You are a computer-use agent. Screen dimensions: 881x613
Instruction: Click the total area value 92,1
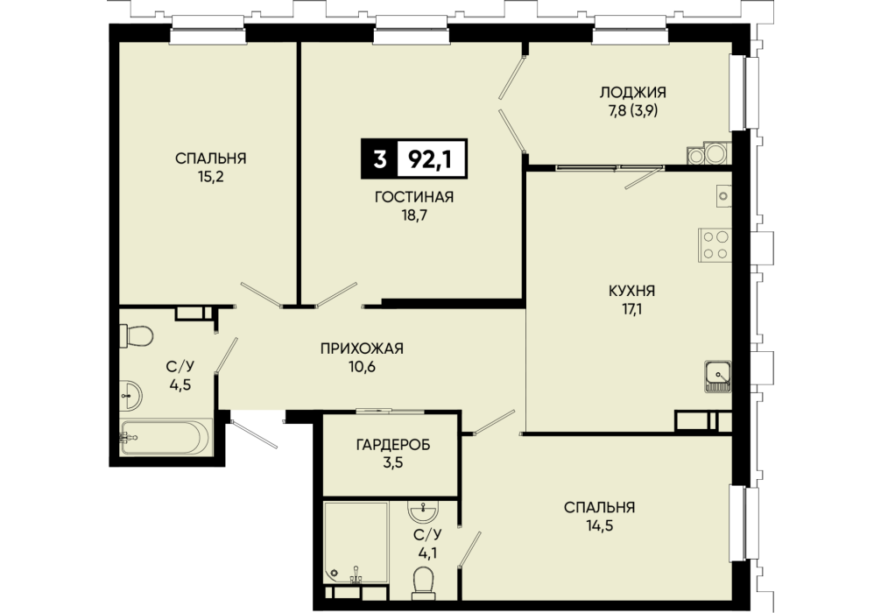[x=430, y=159]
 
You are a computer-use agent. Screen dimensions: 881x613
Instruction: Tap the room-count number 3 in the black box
[x=380, y=159]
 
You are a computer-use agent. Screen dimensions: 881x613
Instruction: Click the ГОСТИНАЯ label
[x=414, y=197]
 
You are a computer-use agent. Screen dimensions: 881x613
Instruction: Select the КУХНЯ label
[x=631, y=291]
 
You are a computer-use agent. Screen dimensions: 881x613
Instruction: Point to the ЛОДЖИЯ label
[x=632, y=92]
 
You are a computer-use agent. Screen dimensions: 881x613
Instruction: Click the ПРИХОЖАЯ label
[x=362, y=349]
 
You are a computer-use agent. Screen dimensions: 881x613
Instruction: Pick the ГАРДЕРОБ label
[x=393, y=445]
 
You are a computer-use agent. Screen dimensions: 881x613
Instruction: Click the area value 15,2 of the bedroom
[x=210, y=177]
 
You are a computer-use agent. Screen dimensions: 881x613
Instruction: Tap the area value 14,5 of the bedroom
[x=599, y=526]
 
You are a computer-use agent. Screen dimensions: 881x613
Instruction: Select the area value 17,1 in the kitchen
[x=631, y=310]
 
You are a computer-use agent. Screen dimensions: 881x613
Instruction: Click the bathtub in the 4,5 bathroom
[x=166, y=437]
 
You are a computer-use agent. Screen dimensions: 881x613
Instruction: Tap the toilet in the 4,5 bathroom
[x=136, y=336]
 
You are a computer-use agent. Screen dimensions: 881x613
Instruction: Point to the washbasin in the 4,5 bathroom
[x=130, y=396]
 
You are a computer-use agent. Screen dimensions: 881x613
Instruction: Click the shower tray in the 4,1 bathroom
[x=356, y=543]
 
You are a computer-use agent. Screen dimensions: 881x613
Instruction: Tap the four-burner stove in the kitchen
[x=715, y=244]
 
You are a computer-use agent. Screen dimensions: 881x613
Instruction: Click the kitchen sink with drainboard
[x=717, y=377]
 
